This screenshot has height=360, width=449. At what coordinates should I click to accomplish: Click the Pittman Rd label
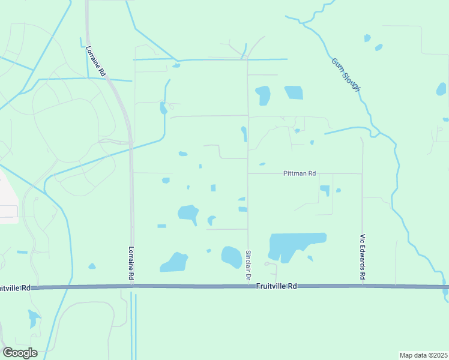pos(300,173)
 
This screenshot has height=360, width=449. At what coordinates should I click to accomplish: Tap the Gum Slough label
pos(346,75)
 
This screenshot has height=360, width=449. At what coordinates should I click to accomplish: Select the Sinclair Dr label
pos(247,266)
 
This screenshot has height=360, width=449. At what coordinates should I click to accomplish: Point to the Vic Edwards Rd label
pos(362,257)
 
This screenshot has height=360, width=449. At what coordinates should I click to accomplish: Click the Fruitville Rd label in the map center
pos(276,287)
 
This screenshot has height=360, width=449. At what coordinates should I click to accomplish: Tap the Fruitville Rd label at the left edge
pos(15,288)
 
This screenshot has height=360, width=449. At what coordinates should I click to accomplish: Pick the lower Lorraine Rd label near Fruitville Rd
pos(131,263)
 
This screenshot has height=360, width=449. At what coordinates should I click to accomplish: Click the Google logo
pos(20,353)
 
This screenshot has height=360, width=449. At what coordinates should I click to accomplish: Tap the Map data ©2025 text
pos(423,355)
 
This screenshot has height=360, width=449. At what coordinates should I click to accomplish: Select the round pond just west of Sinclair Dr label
pos(231,256)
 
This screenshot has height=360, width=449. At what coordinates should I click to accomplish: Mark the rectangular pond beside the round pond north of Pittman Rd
pos(294,92)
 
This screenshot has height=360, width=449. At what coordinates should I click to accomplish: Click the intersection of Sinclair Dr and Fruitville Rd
pos(248,287)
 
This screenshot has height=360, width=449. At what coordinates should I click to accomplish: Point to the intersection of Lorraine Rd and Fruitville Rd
pos(132,287)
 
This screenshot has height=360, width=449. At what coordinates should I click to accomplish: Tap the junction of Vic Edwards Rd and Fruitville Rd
pos(362,287)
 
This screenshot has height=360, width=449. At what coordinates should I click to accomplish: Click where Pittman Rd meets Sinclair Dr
pos(248,174)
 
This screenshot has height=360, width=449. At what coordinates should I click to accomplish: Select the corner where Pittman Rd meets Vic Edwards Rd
pos(362,174)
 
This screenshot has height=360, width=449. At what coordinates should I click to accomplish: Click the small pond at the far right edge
pos(442,89)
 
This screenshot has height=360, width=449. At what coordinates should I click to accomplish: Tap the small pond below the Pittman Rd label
pos(325,190)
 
